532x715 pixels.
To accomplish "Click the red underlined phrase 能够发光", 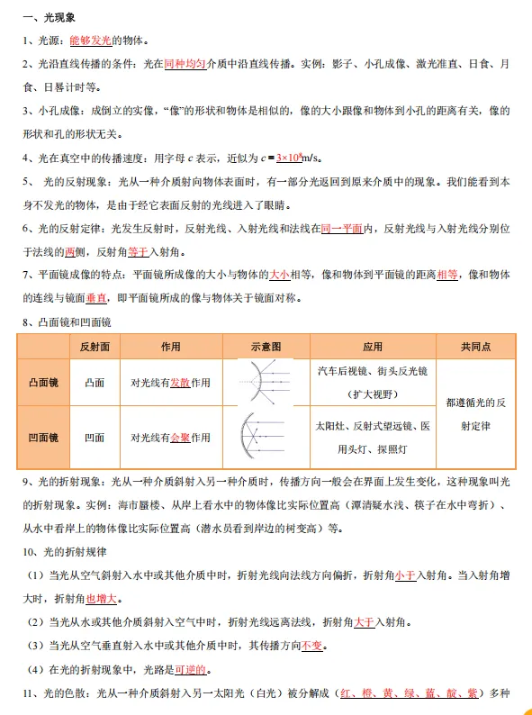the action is pos(90,41).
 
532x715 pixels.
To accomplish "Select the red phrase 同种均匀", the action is pos(185,65).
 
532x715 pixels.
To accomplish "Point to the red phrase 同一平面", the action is pos(341,229).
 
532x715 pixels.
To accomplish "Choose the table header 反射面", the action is pos(95,347).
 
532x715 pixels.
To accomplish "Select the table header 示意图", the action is pos(266,347).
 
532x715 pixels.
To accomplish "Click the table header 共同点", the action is pos(476,347).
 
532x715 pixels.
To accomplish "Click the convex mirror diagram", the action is pos(266,382).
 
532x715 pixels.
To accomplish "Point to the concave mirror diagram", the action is pos(266,438).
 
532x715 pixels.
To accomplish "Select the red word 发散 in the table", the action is pos(180,383).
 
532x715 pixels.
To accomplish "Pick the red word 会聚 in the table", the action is pos(180,438).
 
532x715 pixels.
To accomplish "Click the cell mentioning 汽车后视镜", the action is pos(373,382).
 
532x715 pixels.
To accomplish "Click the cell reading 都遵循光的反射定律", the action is pos(476,411).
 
